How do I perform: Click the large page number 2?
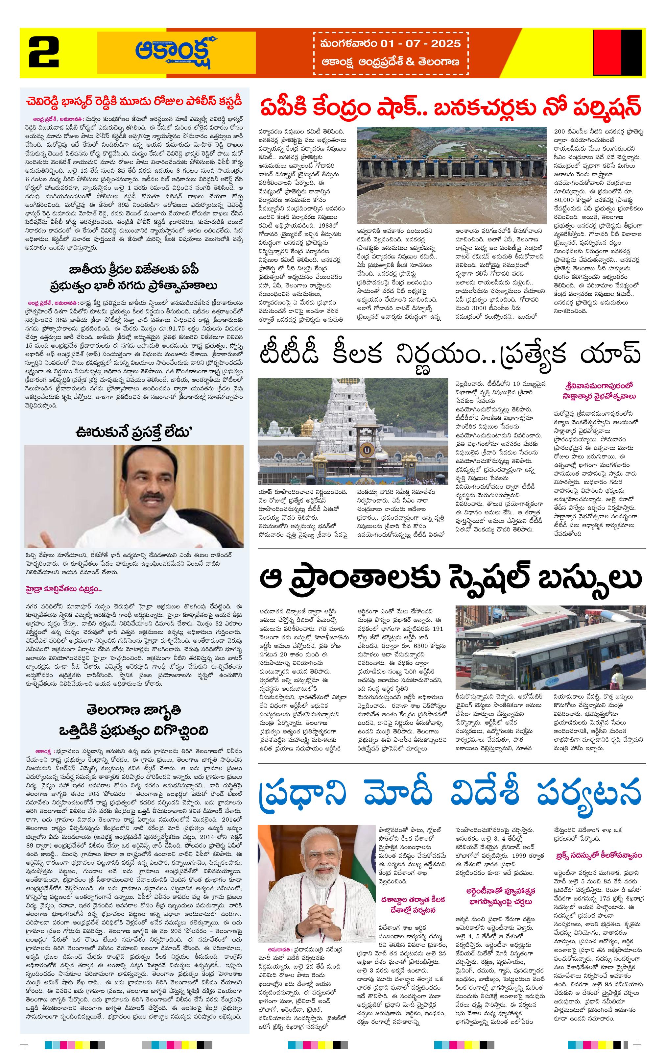pos(44,52)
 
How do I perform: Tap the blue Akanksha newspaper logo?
pos(177,52)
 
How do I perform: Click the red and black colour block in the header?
pos(617,52)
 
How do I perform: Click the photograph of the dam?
pos(451,175)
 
